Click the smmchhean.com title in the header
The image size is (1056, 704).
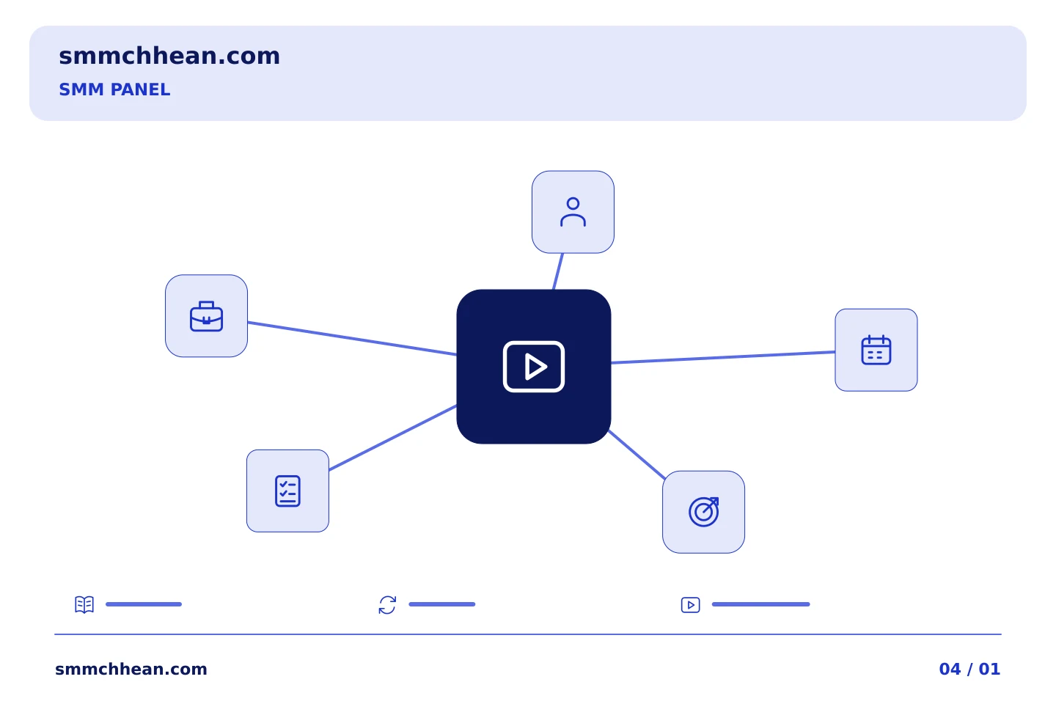point(169,56)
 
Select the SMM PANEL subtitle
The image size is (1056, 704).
point(114,89)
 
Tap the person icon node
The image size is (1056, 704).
point(573,212)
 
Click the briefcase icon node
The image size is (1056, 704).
point(207,316)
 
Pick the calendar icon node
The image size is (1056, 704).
point(876,350)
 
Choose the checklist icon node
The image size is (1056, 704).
point(287,491)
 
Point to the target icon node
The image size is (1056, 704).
point(703,512)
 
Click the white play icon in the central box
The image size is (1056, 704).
point(534,367)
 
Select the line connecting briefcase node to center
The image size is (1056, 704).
point(352,338)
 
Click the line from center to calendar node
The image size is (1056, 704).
point(723,357)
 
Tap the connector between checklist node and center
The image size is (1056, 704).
point(393,438)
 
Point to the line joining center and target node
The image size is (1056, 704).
point(637,455)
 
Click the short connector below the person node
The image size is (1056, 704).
point(558,271)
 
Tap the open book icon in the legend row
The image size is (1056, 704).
point(84,604)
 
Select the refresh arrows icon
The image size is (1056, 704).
point(387,605)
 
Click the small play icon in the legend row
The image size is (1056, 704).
point(691,605)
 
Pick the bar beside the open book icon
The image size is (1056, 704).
point(144,604)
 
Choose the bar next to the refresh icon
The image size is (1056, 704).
point(442,604)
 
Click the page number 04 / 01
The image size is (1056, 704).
point(969,669)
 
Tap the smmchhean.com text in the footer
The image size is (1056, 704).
point(131,669)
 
